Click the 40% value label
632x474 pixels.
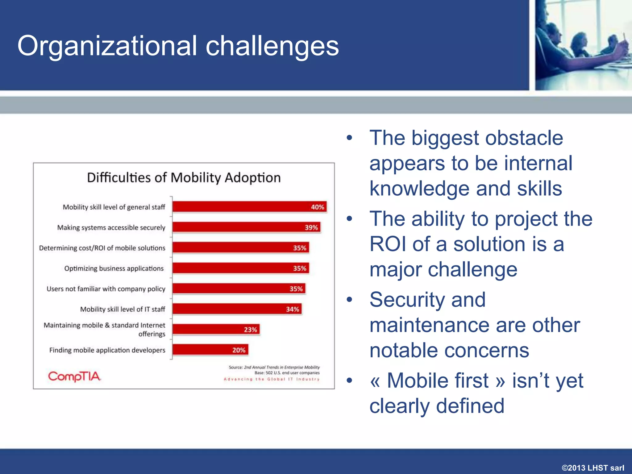coord(317,207)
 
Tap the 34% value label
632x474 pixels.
coord(292,309)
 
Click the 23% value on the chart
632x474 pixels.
coord(250,330)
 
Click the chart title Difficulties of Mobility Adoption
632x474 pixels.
coord(184,178)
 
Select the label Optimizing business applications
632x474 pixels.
coord(114,268)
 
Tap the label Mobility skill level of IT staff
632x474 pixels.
coord(123,309)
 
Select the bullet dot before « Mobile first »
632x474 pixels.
coord(349,380)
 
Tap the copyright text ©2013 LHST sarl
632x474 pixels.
coord(593,468)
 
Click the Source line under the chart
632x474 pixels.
coord(274,367)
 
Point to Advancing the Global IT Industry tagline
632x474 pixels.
coord(272,379)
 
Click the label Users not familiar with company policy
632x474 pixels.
coord(106,289)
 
